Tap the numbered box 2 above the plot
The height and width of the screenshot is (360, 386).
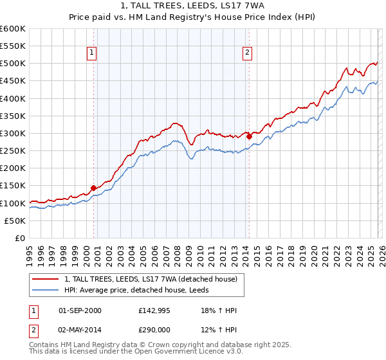[248, 53]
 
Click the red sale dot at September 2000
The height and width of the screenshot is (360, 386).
[93, 188]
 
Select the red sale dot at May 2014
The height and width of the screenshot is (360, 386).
[249, 136]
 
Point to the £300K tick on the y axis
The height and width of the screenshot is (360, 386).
[13, 133]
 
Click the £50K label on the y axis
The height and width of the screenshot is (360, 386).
[15, 221]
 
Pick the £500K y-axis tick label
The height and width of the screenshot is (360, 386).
[13, 64]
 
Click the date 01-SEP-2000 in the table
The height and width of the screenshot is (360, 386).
[80, 310]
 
